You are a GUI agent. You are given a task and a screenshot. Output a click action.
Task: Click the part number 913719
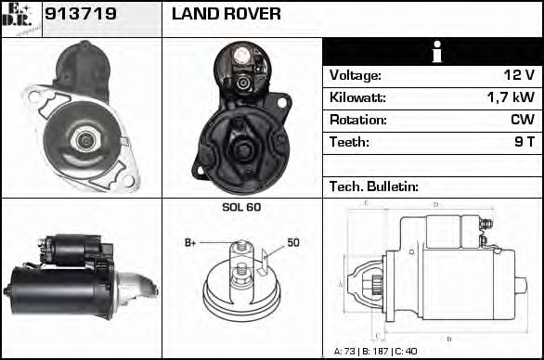point(80,15)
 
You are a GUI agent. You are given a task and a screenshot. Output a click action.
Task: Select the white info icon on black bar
point(433,52)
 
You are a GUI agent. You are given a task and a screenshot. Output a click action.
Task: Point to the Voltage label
point(355,75)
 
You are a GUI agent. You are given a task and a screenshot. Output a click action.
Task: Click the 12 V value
point(519,75)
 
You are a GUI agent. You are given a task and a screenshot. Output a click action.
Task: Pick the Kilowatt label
point(357,97)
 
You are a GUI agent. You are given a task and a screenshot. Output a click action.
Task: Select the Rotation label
point(357,120)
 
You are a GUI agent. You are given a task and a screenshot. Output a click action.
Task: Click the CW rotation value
point(522,120)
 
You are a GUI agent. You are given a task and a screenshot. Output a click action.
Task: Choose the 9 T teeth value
point(524,142)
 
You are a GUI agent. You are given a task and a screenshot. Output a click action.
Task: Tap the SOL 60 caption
point(241,207)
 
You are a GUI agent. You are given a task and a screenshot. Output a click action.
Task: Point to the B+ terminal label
point(190,243)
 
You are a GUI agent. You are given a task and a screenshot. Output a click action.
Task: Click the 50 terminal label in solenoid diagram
point(292,243)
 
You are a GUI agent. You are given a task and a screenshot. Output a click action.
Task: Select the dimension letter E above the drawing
point(368,203)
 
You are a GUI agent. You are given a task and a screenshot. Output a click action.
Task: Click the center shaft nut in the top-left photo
point(86,140)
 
